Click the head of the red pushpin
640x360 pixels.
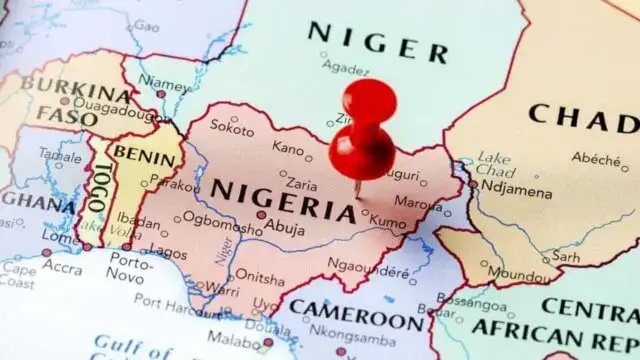[x=367, y=103]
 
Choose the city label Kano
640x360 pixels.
[x=288, y=149]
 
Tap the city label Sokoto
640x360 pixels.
[x=233, y=129]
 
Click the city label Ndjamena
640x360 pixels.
[x=513, y=187]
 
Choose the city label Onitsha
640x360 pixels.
[x=259, y=278]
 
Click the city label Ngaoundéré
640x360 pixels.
[x=369, y=270]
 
